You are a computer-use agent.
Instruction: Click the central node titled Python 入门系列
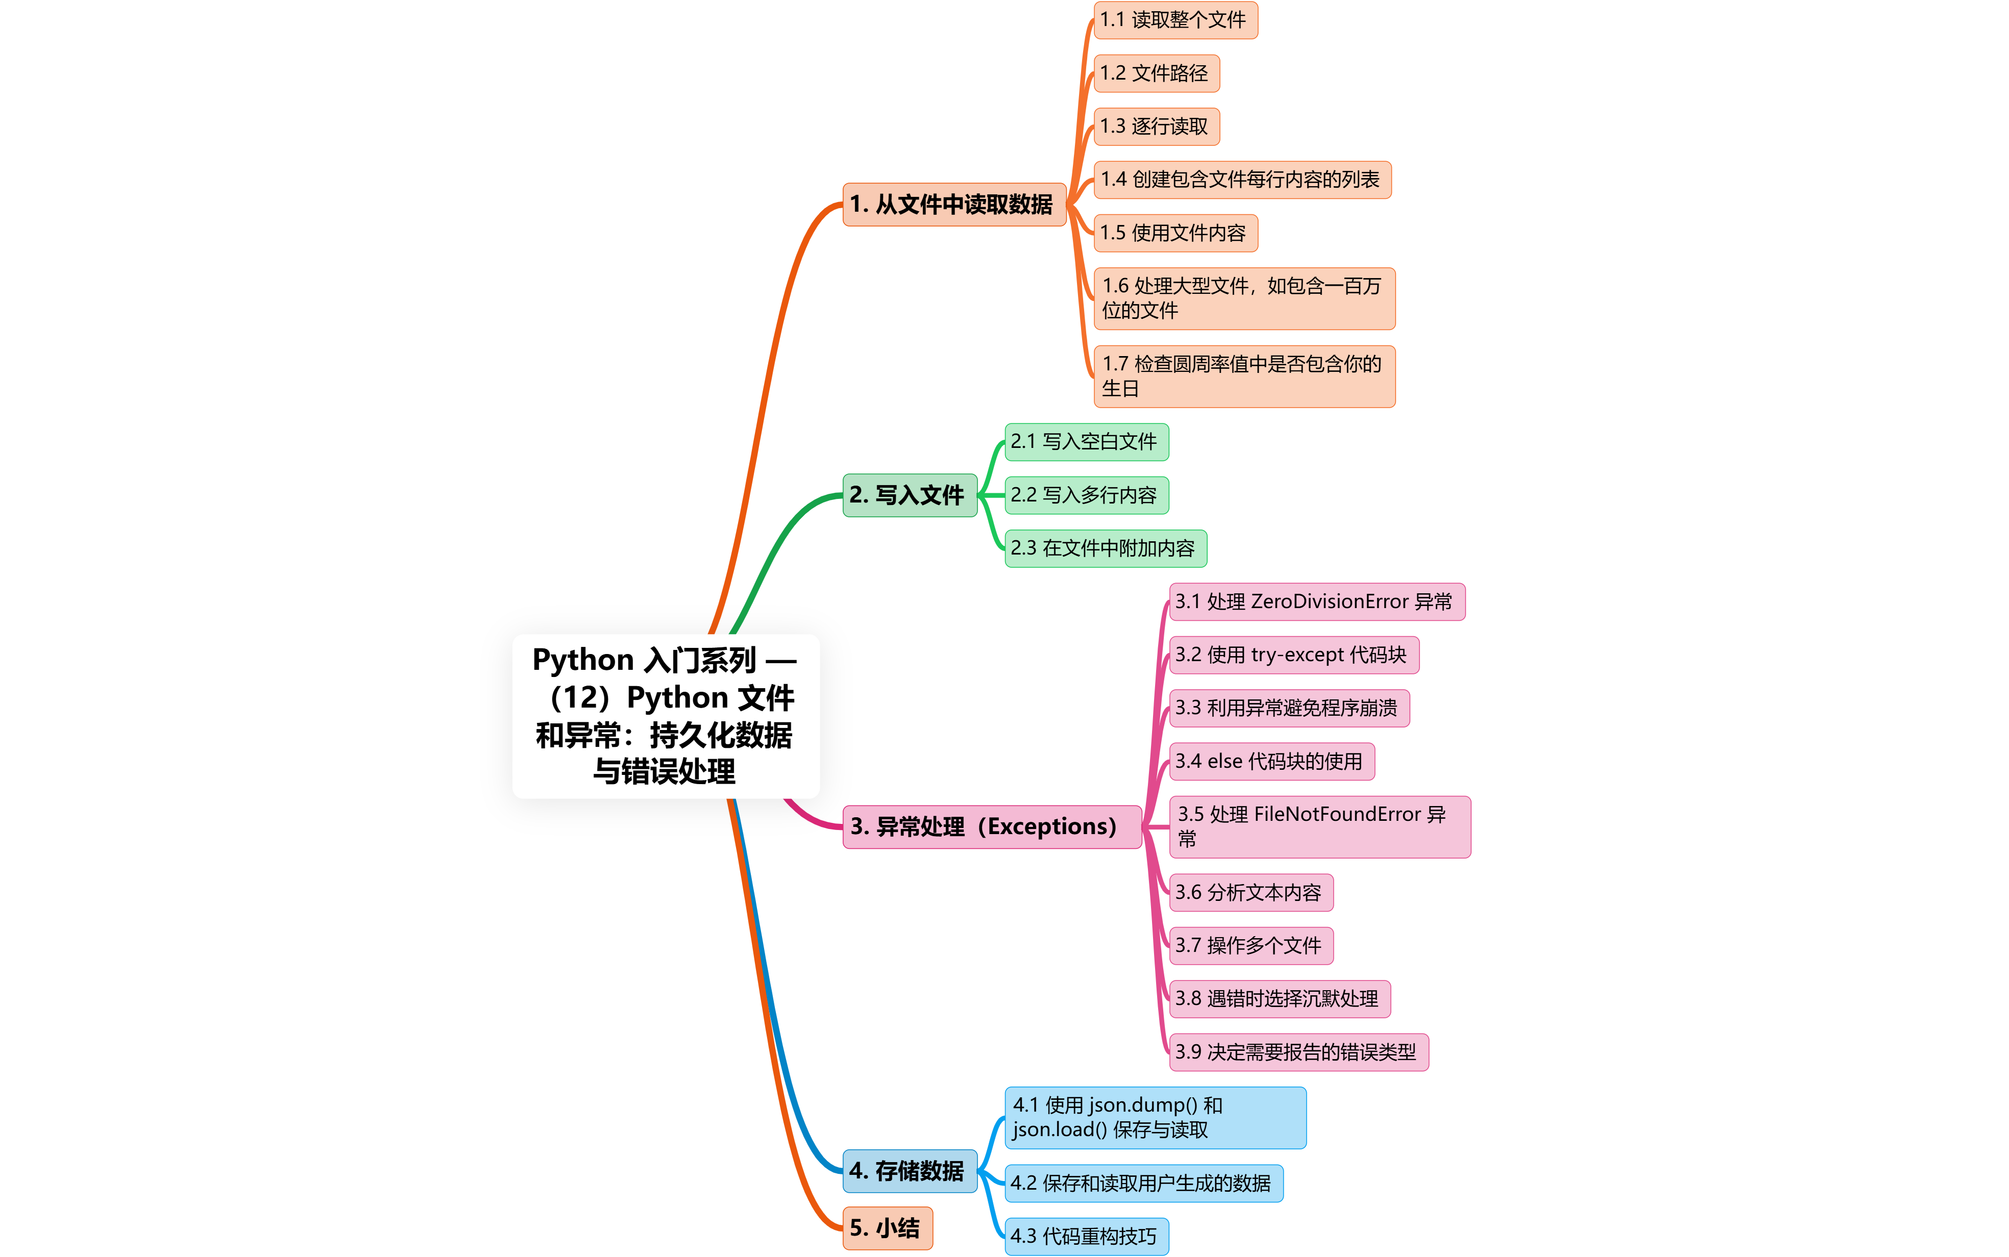(x=665, y=716)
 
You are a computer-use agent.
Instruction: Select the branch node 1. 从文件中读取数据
(x=954, y=205)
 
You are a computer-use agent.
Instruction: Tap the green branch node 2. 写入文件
(x=910, y=495)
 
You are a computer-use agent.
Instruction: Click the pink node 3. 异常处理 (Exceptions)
(x=992, y=827)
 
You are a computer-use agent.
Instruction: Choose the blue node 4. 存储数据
(x=910, y=1171)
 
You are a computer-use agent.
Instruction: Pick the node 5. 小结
(x=887, y=1228)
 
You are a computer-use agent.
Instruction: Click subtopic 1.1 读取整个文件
(x=1175, y=20)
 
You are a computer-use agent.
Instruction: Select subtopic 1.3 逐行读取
(x=1156, y=127)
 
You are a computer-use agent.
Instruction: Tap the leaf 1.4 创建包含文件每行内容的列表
(x=1242, y=180)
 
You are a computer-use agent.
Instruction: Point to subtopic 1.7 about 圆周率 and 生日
(x=1244, y=376)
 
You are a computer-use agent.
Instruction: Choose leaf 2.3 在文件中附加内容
(x=1105, y=549)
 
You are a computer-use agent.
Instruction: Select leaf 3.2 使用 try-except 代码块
(x=1294, y=655)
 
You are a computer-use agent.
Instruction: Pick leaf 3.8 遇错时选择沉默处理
(x=1280, y=998)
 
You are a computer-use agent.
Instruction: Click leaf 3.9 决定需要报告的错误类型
(x=1298, y=1052)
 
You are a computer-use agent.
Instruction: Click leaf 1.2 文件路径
(x=1156, y=73)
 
